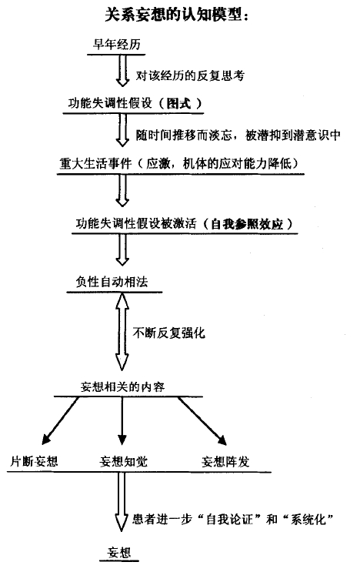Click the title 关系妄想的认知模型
[173, 15]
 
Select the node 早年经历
[116, 45]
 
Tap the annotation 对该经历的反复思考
[190, 75]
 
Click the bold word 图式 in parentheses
[178, 104]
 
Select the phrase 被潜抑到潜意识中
[293, 135]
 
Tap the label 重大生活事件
[95, 163]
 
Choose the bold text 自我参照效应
[248, 223]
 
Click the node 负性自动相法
[112, 282]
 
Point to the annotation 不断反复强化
[168, 333]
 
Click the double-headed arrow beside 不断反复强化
[122, 332]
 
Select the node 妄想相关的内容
[122, 386]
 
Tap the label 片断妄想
[34, 462]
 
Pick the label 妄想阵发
[225, 462]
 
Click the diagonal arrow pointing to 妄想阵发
[202, 421]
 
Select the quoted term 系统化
[308, 519]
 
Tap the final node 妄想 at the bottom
[119, 552]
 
